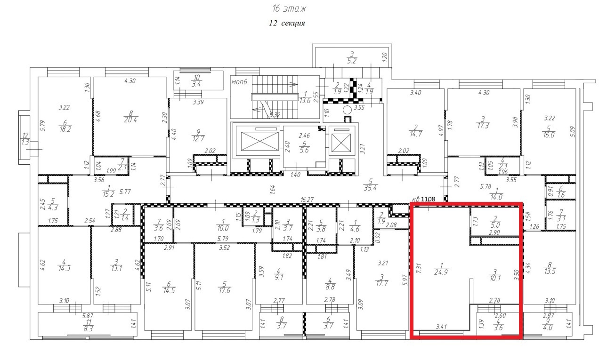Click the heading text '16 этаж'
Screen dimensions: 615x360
[x=289, y=9]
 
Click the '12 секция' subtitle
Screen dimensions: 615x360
[x=287, y=24]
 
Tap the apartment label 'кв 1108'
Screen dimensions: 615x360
[x=424, y=199]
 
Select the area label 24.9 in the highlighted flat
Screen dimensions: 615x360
[x=441, y=272]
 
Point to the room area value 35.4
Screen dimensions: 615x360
[x=370, y=188]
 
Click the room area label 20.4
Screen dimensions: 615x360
[x=130, y=120]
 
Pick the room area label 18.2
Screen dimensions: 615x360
[x=65, y=129]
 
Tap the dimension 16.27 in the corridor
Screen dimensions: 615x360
[x=307, y=200]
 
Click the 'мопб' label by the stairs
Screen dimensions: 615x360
[x=239, y=82]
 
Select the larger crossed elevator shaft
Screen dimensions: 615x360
[x=259, y=141]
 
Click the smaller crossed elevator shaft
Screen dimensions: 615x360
[x=341, y=143]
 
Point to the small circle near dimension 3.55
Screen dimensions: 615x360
[x=348, y=110]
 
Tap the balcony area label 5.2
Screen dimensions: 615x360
[x=352, y=61]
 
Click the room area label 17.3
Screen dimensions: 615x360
[x=483, y=126]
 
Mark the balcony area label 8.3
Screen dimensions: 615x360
[x=88, y=328]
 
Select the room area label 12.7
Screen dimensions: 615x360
[x=198, y=138]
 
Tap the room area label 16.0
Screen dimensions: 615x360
[x=549, y=135]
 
